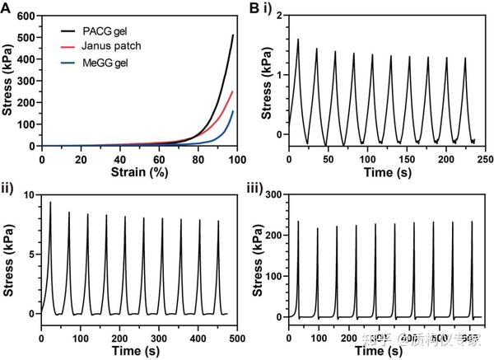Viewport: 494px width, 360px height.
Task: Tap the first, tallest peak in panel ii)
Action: (x=50, y=203)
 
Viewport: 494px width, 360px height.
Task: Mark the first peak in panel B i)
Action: (x=297, y=40)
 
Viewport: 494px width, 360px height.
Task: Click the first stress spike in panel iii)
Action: (x=298, y=222)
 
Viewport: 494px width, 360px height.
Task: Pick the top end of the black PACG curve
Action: (x=232, y=35)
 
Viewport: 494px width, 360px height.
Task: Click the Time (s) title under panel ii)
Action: (x=137, y=351)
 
